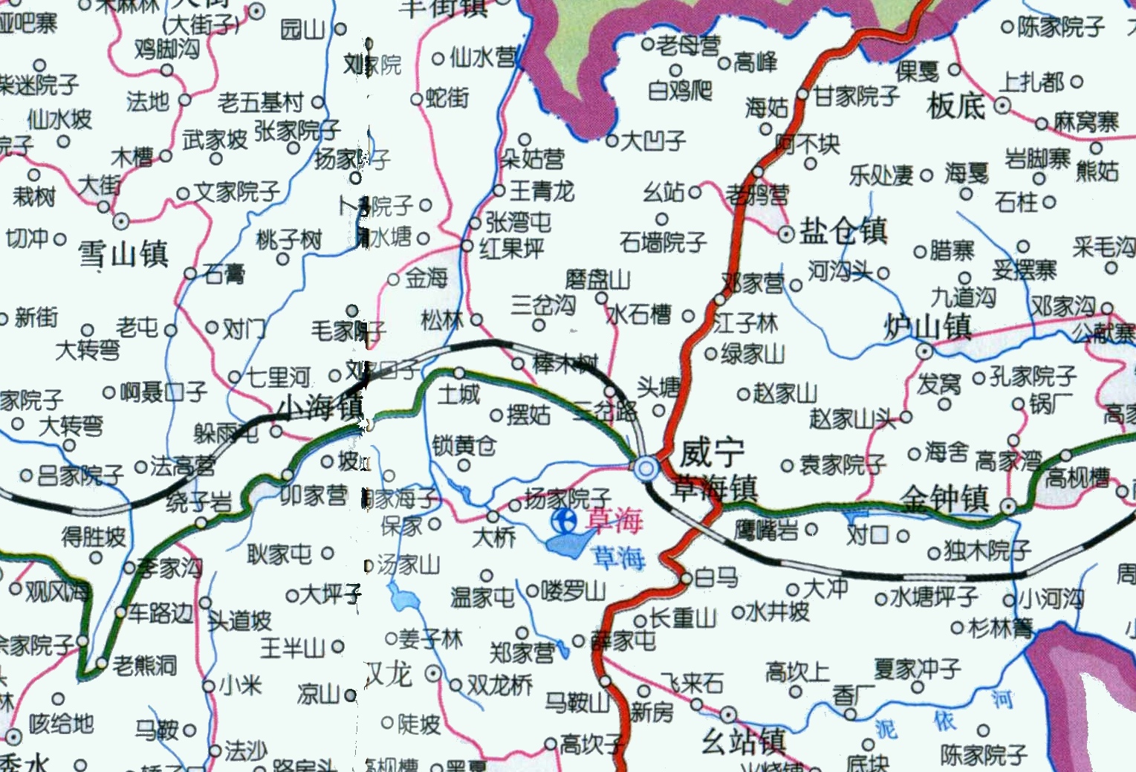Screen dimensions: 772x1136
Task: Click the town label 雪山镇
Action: (x=123, y=254)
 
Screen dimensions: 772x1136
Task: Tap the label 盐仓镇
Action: (x=844, y=231)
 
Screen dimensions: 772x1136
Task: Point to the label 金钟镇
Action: (x=946, y=499)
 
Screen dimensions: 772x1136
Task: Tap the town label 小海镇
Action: (x=321, y=407)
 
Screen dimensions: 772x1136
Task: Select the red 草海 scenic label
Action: (x=614, y=521)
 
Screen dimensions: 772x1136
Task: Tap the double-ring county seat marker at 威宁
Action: (x=646, y=467)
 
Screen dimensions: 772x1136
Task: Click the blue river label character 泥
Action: (x=885, y=728)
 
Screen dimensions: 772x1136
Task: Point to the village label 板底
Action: (x=955, y=106)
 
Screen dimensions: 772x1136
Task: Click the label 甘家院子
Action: (x=857, y=96)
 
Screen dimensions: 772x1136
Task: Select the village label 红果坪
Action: (x=512, y=248)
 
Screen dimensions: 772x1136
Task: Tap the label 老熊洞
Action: (x=145, y=665)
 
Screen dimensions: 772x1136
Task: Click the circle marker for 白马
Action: (x=687, y=578)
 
